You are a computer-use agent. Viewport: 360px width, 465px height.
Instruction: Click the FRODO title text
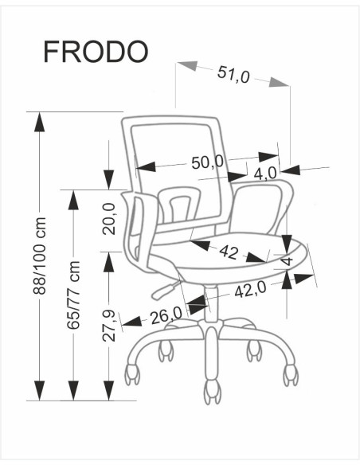(96, 52)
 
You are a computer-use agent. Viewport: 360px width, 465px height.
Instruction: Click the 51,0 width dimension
(233, 74)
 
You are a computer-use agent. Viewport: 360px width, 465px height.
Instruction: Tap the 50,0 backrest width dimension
(207, 162)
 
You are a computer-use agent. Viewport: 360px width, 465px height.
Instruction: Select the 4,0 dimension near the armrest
(265, 174)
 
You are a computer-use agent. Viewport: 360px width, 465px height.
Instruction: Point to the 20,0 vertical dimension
(109, 219)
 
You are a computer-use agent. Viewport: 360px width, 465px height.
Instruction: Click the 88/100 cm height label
(40, 256)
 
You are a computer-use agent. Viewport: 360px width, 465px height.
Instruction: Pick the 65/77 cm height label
(73, 295)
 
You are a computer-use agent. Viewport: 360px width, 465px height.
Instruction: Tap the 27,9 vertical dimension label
(109, 326)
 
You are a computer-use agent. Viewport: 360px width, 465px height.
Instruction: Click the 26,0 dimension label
(166, 315)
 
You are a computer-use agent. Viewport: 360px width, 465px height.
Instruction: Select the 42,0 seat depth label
(251, 290)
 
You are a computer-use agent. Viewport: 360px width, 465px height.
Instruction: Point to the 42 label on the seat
(229, 252)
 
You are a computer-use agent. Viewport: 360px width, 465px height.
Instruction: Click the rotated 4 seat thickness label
(287, 260)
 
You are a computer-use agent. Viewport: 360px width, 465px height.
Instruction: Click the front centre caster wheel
(213, 392)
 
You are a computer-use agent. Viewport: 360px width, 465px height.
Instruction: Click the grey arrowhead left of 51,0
(187, 66)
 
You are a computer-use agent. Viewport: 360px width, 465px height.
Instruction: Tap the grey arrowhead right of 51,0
(279, 82)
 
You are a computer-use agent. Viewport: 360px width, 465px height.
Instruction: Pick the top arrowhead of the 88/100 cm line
(40, 122)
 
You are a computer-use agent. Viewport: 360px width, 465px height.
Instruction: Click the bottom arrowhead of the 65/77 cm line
(73, 391)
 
